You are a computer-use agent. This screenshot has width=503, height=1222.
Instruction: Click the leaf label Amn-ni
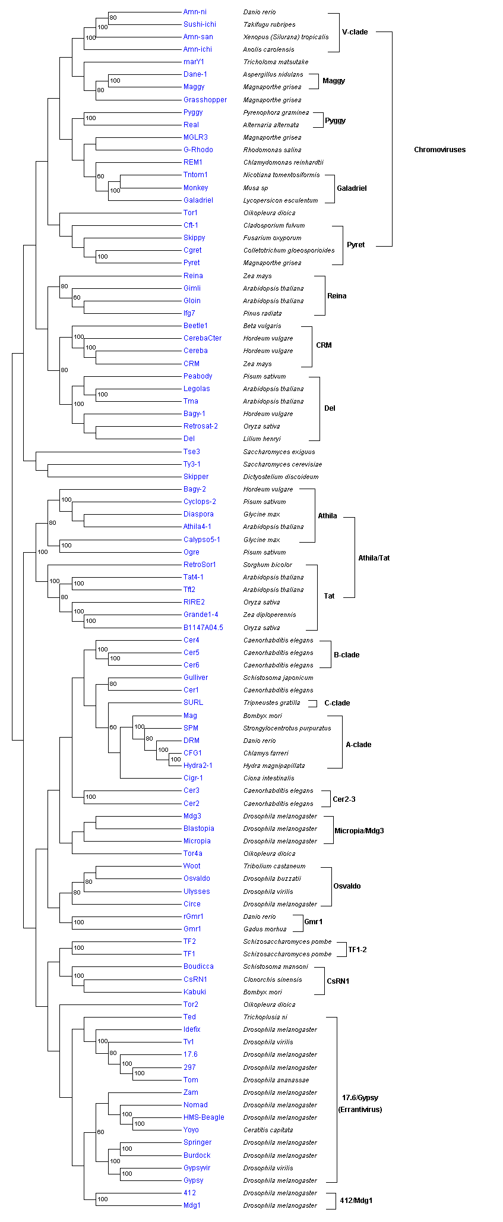click(195, 12)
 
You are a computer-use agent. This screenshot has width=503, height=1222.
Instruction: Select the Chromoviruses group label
click(439, 150)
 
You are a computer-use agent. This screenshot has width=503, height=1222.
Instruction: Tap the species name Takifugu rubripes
click(269, 24)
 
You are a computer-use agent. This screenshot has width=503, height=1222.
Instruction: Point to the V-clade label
click(355, 32)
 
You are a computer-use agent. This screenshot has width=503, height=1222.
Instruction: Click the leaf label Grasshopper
click(205, 100)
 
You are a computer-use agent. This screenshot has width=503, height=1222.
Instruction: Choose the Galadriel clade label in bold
click(352, 188)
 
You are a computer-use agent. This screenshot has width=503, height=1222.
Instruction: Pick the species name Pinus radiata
click(262, 313)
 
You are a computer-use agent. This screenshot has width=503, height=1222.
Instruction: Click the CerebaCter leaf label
click(203, 338)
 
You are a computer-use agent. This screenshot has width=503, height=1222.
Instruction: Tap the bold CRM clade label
click(324, 345)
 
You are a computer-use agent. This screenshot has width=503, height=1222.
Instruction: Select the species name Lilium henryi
click(262, 439)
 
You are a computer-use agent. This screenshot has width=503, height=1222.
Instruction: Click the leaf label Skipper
click(196, 477)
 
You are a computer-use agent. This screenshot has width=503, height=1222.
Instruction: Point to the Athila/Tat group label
click(374, 558)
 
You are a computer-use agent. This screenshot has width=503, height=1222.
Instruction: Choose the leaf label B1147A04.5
click(203, 628)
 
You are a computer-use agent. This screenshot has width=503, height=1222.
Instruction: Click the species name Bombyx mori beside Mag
click(262, 716)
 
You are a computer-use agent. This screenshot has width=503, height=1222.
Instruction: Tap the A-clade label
click(358, 745)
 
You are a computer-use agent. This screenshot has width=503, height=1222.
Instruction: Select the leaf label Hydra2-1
click(198, 766)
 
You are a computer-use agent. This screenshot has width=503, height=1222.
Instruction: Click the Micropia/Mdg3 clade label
click(359, 831)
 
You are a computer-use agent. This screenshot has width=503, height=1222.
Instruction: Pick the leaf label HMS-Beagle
click(204, 1117)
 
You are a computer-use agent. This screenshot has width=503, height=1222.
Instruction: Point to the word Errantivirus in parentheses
click(360, 1110)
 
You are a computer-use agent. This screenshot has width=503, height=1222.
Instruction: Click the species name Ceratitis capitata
click(268, 1130)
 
